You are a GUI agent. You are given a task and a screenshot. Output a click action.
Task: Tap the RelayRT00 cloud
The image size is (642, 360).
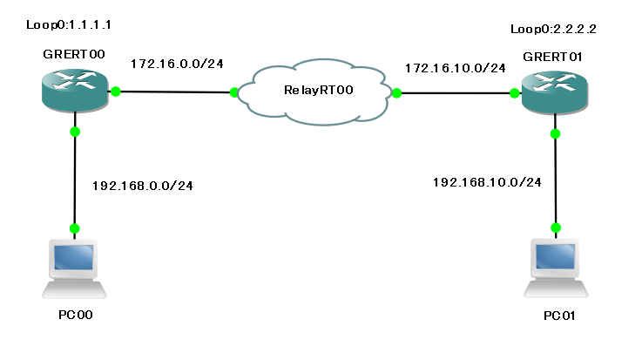[x=315, y=91]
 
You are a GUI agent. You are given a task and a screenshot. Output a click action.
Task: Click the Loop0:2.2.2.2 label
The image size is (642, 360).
[x=553, y=29]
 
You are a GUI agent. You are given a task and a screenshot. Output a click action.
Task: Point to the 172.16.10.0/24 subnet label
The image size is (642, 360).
[x=454, y=68]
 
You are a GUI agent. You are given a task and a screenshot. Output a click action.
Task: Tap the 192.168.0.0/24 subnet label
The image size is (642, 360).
[x=142, y=185]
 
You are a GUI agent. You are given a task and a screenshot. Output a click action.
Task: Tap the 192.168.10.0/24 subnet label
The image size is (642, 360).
[x=487, y=182]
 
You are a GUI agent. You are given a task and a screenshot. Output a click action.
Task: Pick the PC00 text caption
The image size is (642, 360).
[x=73, y=314]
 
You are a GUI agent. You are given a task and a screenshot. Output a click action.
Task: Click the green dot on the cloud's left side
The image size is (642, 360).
[x=234, y=92]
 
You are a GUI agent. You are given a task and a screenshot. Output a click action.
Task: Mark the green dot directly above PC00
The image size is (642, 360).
[x=75, y=228]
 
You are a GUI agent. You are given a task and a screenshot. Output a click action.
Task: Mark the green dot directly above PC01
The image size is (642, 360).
[x=555, y=228]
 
